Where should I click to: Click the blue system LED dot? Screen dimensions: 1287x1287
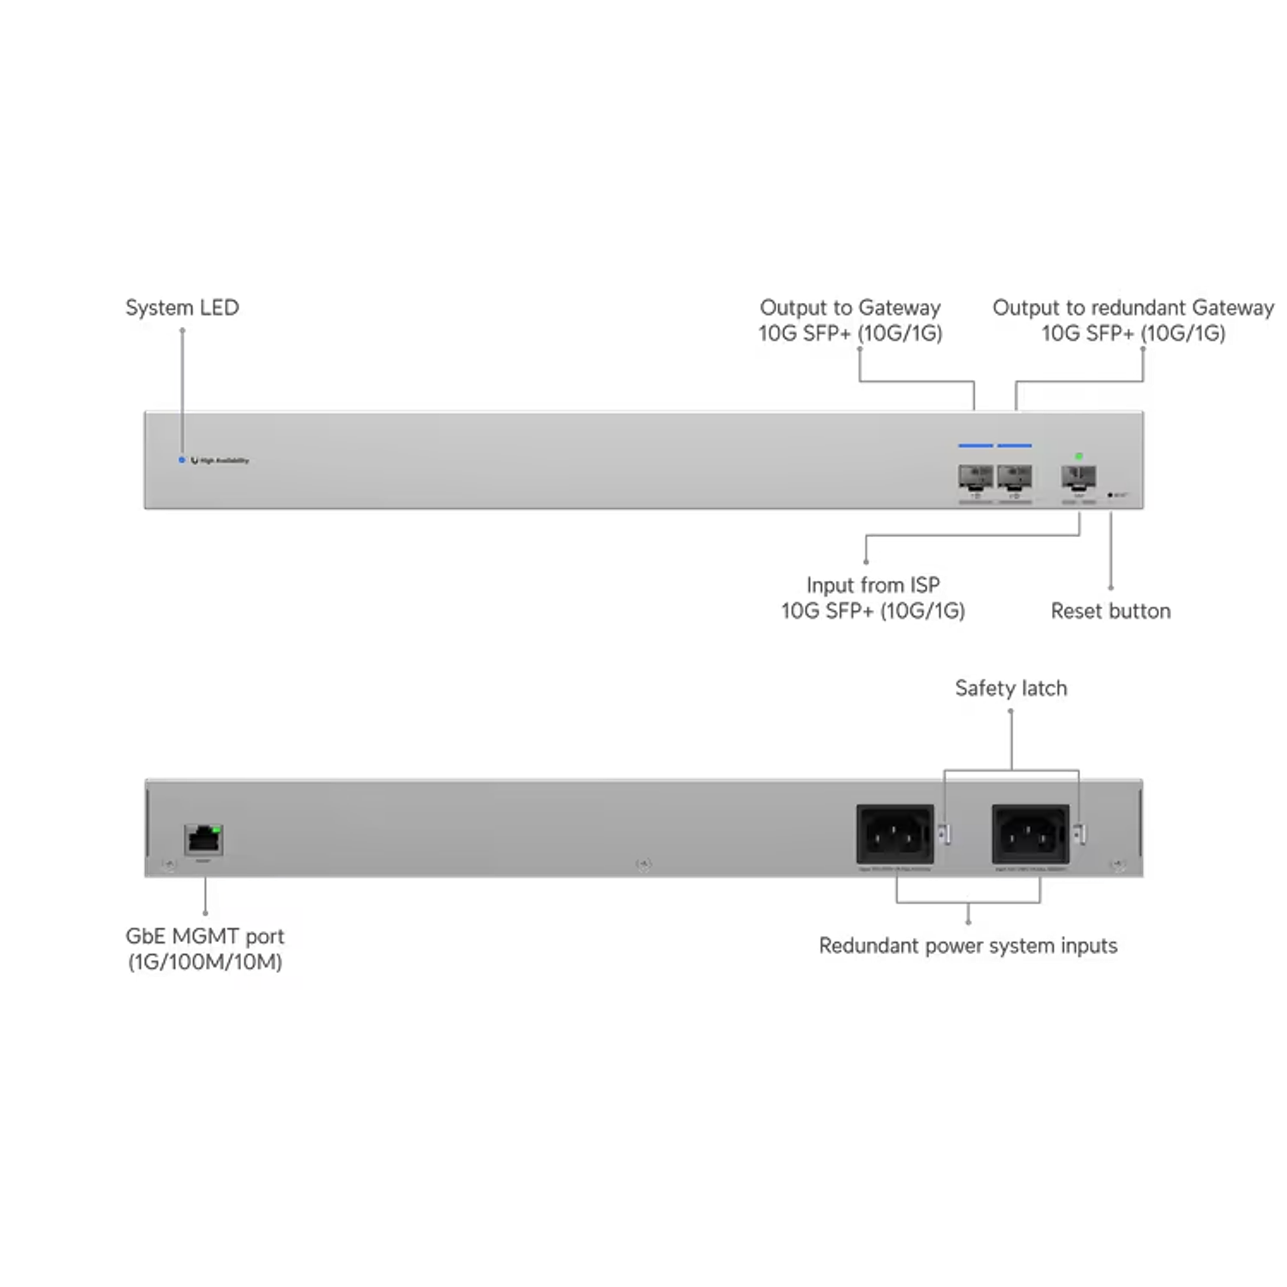[x=181, y=461]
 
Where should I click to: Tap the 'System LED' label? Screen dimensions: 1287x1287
[x=183, y=308]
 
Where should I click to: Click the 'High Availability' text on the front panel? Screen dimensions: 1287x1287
[x=224, y=461]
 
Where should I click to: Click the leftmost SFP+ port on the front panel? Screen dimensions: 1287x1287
[x=976, y=477]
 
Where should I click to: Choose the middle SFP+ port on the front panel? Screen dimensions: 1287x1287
[x=1014, y=477]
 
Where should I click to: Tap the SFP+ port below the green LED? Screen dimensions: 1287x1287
[x=1079, y=477]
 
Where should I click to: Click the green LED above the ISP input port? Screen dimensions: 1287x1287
[x=1079, y=456]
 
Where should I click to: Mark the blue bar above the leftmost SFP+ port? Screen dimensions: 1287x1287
[x=976, y=446]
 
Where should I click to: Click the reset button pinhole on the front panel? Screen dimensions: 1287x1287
[x=1111, y=495]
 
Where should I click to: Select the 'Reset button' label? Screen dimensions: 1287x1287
[x=1110, y=611]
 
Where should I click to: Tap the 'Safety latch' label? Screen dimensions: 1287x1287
[x=1012, y=688]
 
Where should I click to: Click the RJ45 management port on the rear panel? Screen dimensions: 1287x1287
[x=203, y=840]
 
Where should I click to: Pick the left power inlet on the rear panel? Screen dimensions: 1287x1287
[x=895, y=834]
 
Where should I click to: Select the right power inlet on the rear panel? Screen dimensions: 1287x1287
[x=1030, y=834]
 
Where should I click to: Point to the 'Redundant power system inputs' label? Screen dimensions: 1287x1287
[x=968, y=946]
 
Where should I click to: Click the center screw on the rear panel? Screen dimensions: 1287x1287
[x=643, y=864]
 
